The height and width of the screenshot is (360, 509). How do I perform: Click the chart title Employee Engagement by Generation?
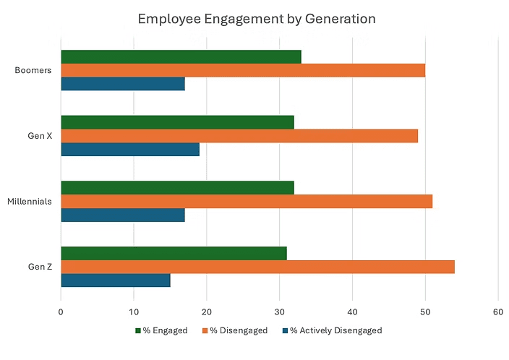(x=257, y=18)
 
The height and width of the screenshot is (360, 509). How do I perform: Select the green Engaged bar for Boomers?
(x=181, y=57)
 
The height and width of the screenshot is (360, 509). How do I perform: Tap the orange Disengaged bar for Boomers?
(x=242, y=70)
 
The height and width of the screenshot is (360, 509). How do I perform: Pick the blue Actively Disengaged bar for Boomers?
(x=122, y=84)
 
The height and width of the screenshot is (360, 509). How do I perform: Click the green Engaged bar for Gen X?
(x=177, y=122)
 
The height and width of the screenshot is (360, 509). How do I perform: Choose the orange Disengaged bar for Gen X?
(x=239, y=136)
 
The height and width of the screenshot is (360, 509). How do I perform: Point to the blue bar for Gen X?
(x=129, y=150)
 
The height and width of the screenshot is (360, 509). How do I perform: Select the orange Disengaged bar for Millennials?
(x=246, y=202)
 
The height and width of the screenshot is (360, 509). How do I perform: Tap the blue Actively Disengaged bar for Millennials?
(x=122, y=215)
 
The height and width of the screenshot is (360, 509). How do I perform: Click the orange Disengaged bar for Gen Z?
(x=257, y=267)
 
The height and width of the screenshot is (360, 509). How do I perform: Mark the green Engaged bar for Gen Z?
(x=174, y=253)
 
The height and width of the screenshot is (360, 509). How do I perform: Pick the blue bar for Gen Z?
(x=115, y=280)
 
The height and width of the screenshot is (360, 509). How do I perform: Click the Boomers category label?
(x=34, y=71)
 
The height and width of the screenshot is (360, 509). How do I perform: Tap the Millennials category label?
(x=30, y=202)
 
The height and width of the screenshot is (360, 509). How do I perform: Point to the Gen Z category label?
(x=40, y=267)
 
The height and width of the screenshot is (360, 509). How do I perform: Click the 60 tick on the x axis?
(x=497, y=312)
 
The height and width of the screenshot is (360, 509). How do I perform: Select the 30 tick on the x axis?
(x=279, y=312)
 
